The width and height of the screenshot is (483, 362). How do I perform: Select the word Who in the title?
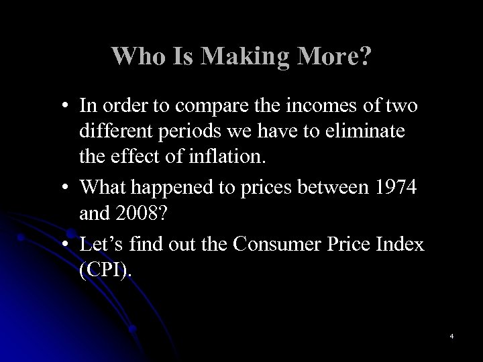[x=135, y=57]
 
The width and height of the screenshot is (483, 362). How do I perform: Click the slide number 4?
[x=452, y=335]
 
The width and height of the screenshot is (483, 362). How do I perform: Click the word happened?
[x=174, y=189]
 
